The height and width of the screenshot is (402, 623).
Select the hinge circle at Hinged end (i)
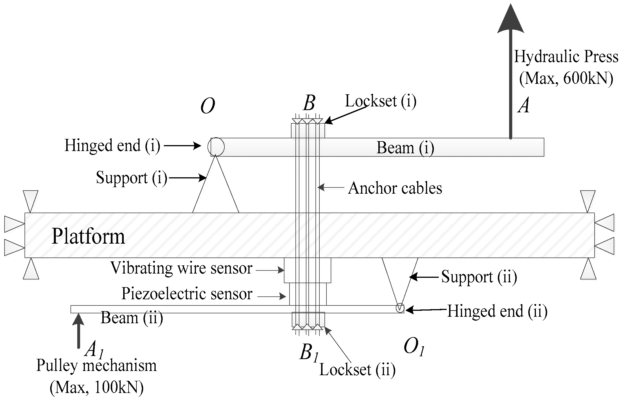point(216,147)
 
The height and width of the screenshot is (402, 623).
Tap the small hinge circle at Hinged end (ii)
point(400,308)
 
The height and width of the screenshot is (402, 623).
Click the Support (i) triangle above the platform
point(216,192)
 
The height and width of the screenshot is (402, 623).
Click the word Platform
point(88,236)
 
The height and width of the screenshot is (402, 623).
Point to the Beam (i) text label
point(405,148)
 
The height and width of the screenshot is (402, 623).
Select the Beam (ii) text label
point(132,318)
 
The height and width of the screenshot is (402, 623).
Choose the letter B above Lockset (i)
point(309,103)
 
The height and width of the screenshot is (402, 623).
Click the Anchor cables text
point(395,188)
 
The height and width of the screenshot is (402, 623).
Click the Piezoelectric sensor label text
point(187,294)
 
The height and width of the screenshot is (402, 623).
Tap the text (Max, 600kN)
point(566,78)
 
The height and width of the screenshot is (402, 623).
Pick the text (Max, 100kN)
point(96,388)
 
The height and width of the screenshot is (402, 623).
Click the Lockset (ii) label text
point(357,370)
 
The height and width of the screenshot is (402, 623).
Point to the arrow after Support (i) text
point(187,178)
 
